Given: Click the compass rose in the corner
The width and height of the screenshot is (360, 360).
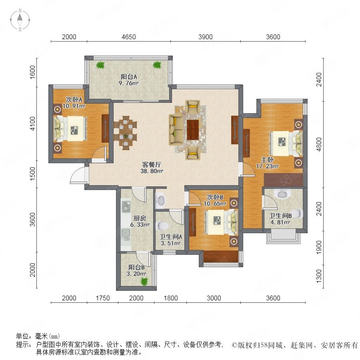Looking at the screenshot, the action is coord(20,20).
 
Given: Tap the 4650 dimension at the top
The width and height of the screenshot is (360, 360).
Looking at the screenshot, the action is coord(128,37).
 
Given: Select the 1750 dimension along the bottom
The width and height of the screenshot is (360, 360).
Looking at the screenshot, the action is coord(103,298).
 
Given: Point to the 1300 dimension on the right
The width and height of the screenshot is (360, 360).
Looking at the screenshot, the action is coord(319,276).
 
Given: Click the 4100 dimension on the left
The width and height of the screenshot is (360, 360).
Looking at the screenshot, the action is coord(33,124).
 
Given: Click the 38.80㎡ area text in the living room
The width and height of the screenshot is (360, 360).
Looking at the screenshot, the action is coord(152,171).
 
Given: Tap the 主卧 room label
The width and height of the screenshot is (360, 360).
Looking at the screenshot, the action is coord(267,160).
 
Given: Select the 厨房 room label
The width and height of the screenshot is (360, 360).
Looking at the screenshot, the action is coord(140,218).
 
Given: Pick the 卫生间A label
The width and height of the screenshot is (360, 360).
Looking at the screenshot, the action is coord(171,236).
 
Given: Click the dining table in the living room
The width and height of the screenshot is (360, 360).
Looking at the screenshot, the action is coord(125,133).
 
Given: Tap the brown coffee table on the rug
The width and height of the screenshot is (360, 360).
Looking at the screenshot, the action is coord(193,130).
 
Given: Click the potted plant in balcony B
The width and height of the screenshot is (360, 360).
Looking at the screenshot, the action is coord(144,281).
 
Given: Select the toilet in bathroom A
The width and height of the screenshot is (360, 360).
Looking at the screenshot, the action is coord(162,226).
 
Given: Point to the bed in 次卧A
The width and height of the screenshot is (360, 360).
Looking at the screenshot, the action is coord(70,128).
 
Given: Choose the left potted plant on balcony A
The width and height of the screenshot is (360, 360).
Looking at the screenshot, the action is coord(100,65).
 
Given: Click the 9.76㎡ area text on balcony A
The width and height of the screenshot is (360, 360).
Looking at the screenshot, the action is coord(128,83).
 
